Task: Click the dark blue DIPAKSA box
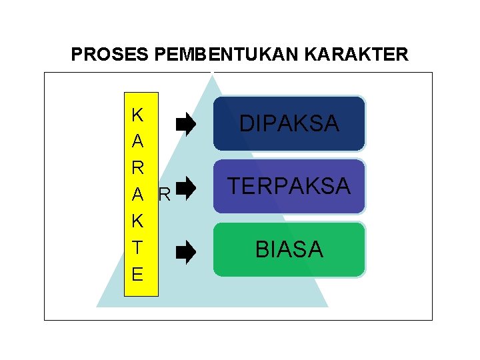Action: coord(289,123)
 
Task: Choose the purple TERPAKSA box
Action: coord(289,186)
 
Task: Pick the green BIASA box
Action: coord(289,249)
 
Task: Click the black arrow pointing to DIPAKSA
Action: coord(185,123)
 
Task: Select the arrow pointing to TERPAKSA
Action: coord(185,188)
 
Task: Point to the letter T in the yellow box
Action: coord(137,247)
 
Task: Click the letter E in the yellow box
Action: coord(137,274)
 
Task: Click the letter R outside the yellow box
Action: coord(165,195)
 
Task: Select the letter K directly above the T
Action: coord(137,221)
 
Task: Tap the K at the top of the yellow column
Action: coord(137,115)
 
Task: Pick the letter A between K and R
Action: coord(137,141)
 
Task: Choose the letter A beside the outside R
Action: coord(137,194)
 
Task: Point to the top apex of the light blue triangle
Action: coord(213,74)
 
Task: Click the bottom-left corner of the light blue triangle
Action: coord(97,306)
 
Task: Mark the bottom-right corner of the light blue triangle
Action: coord(327,306)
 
